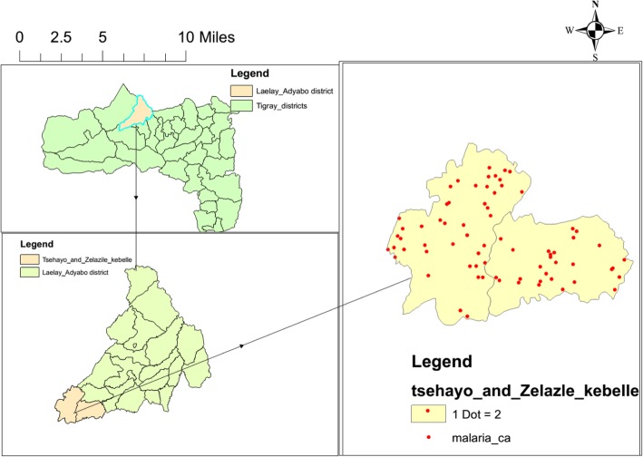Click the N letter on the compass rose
[595, 5]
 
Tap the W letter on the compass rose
[570, 31]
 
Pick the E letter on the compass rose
[621, 31]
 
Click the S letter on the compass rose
[595, 56]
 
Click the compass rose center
[595, 31]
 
